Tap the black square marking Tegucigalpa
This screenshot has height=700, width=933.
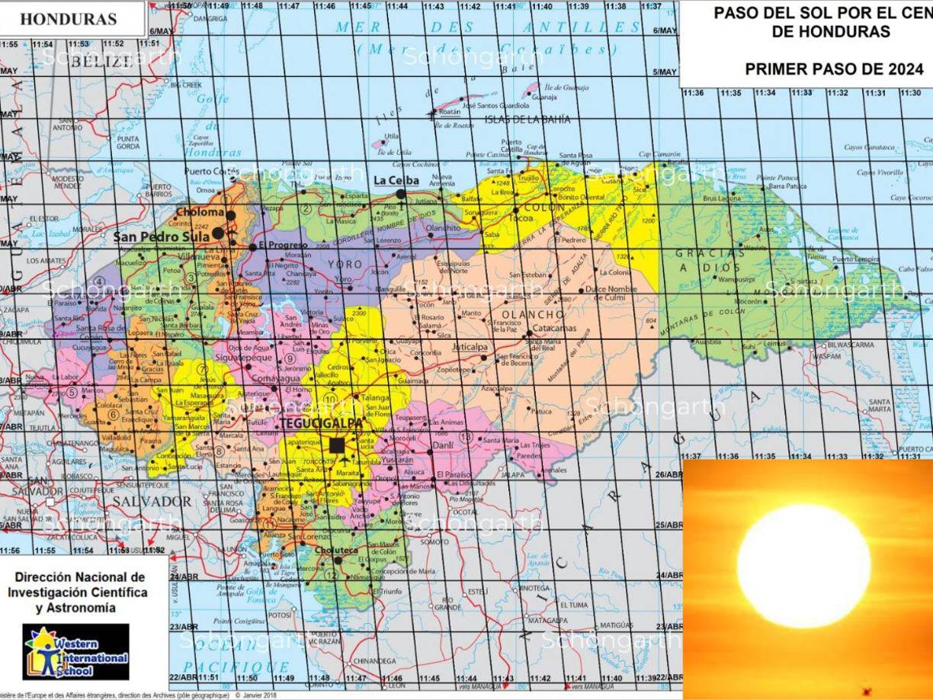[x=337, y=445]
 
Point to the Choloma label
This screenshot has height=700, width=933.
[x=200, y=212]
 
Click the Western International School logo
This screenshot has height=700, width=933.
[x=75, y=651]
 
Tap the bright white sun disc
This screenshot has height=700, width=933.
[x=803, y=566]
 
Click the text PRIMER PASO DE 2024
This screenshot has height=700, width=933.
[x=833, y=69]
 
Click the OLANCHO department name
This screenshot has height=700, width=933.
[x=533, y=314]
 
